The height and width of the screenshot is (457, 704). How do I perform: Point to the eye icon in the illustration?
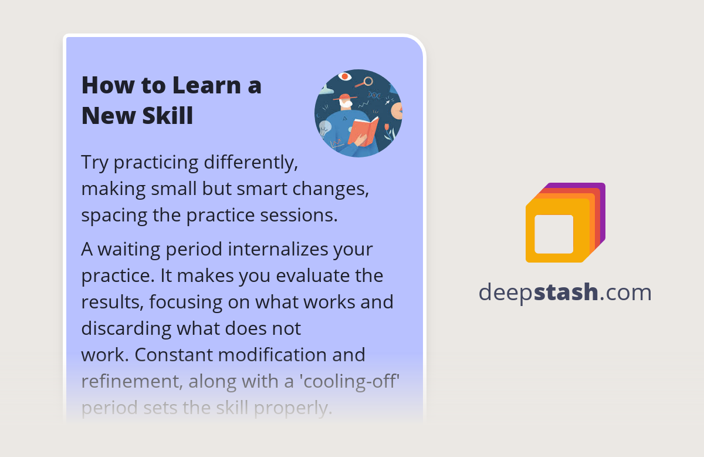pos(345,76)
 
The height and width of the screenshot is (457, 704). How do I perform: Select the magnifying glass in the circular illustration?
pos(368,81)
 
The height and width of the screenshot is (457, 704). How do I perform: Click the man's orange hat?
pos(345,97)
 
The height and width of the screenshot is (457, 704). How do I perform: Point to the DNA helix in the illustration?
pos(374,95)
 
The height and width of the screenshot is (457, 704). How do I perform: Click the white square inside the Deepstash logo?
pos(554,234)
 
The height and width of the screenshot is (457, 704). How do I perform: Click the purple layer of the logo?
pos(602,194)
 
